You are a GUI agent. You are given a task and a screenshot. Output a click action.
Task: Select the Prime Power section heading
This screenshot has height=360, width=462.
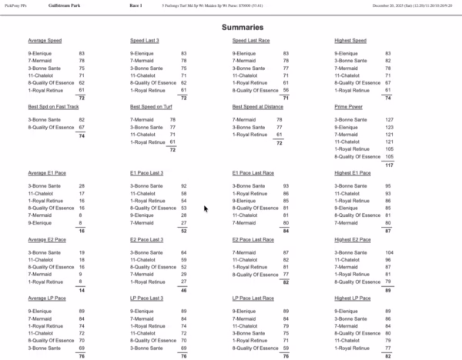pyautogui.click(x=353, y=106)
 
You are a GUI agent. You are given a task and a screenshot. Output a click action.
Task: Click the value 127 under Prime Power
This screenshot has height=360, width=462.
pyautogui.click(x=389, y=120)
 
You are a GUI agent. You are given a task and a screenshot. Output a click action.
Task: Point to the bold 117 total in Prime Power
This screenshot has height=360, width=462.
pyautogui.click(x=389, y=165)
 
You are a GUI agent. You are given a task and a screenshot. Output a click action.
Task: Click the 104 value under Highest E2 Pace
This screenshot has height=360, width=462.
pyautogui.click(x=389, y=252)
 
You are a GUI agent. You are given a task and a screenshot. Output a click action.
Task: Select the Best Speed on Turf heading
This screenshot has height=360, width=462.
pyautogui.click(x=155, y=106)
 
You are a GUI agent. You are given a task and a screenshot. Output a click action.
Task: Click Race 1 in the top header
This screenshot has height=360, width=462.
pyautogui.click(x=136, y=5)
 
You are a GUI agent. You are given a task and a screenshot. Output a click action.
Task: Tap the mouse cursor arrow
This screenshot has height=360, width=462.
pyautogui.click(x=205, y=208)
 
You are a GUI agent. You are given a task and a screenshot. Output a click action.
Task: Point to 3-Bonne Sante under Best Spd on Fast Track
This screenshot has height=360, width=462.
pyautogui.click(x=44, y=120)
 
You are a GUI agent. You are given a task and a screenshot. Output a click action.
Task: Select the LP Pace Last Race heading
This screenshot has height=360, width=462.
pyautogui.click(x=255, y=297)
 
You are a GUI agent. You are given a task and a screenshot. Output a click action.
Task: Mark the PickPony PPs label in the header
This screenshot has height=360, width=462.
pyautogui.click(x=16, y=5)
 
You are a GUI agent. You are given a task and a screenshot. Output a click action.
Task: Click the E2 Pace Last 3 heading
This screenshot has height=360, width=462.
pyautogui.click(x=147, y=240)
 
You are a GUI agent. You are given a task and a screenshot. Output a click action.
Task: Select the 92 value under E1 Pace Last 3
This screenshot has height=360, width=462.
pyautogui.click(x=183, y=185)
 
